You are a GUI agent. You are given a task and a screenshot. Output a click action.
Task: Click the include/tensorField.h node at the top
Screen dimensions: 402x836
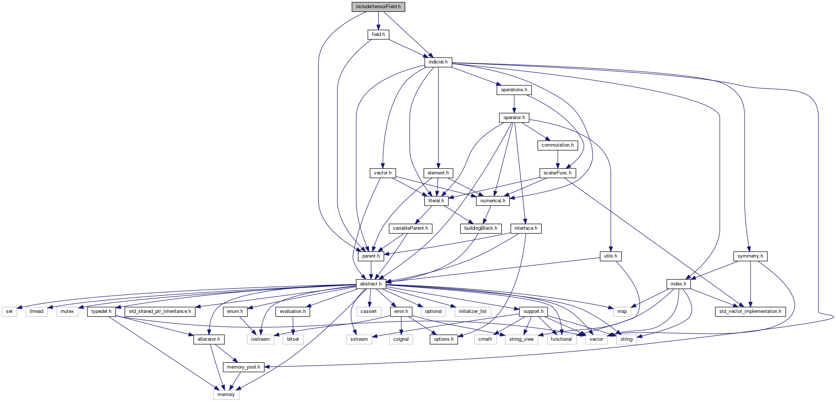point(378,7)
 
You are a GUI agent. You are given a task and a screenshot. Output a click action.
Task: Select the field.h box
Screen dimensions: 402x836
point(378,35)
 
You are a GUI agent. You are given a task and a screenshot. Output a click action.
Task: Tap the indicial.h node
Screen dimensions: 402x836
point(438,62)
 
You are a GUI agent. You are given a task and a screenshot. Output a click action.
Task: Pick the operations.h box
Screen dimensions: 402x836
point(514,90)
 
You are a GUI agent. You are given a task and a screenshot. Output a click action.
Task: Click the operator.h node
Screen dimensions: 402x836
point(514,118)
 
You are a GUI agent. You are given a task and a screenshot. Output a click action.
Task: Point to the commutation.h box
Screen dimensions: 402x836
point(557,145)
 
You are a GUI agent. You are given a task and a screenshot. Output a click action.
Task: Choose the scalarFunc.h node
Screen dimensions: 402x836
point(557,173)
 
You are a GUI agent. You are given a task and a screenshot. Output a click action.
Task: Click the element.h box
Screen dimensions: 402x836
point(438,173)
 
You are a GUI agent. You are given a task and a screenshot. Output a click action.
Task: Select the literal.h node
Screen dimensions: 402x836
point(436,201)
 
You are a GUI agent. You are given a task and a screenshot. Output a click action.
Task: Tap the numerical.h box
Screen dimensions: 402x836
point(493,201)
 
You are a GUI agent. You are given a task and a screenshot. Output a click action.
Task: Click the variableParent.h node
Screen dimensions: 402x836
point(410,228)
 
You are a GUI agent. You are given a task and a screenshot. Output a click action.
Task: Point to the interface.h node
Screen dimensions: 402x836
point(526,228)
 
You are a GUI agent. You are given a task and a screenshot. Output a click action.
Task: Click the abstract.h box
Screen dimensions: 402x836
point(371,284)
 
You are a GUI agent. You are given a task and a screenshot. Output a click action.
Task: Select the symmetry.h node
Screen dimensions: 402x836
point(750,256)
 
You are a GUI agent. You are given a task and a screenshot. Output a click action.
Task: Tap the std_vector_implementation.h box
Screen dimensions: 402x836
point(750,311)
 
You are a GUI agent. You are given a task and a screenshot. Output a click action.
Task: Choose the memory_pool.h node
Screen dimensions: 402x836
point(243,367)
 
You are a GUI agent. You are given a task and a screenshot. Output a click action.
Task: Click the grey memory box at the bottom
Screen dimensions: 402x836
point(226,395)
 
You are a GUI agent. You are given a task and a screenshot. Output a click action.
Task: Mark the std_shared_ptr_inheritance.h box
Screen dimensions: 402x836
point(160,311)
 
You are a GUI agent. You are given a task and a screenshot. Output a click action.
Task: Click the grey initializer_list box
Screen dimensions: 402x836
point(473,311)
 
